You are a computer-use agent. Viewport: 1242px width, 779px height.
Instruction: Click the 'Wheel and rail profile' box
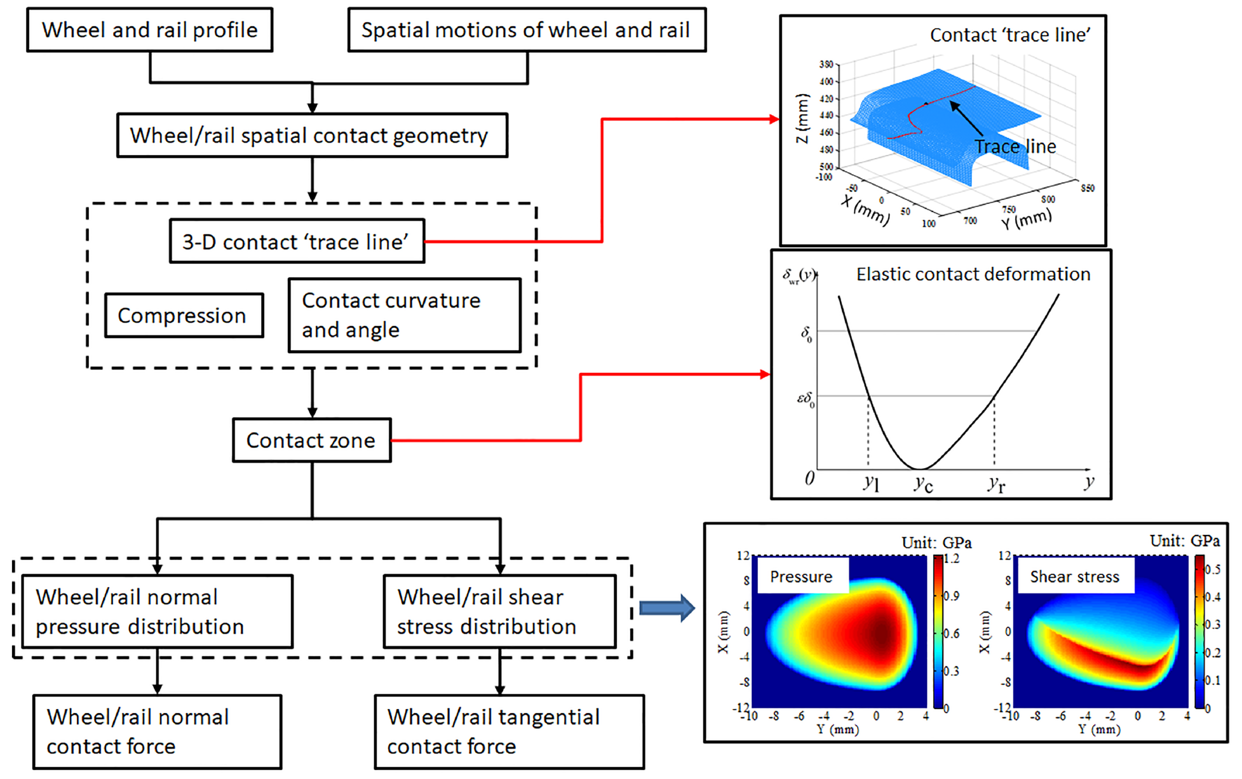point(150,30)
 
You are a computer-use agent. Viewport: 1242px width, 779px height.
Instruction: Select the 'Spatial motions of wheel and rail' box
point(527,30)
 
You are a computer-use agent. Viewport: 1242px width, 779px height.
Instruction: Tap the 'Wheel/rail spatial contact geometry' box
point(312,135)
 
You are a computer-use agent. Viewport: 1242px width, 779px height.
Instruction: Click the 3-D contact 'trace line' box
point(297,241)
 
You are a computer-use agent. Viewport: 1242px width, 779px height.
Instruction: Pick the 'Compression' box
point(184,315)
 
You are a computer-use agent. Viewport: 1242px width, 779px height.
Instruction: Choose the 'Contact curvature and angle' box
point(405,315)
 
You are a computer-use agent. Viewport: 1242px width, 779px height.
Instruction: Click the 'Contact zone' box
point(311,440)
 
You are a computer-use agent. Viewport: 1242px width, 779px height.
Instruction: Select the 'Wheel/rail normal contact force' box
point(157,731)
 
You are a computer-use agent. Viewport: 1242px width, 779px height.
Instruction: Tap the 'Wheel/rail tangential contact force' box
point(509,731)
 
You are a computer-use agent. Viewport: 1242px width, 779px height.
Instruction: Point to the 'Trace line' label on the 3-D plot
point(1015,147)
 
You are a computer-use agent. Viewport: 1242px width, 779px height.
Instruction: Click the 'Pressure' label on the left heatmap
point(801,576)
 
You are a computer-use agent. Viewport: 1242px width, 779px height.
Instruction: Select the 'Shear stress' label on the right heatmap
point(1074,576)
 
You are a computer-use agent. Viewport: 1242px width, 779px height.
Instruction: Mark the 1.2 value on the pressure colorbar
point(952,559)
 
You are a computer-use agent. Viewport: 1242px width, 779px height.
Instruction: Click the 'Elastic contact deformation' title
point(973,274)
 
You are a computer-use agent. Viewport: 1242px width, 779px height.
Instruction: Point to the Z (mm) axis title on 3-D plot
point(803,118)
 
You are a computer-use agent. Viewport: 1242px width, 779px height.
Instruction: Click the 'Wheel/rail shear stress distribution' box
point(500,611)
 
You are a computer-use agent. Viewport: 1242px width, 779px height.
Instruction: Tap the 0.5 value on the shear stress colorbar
point(1212,569)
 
